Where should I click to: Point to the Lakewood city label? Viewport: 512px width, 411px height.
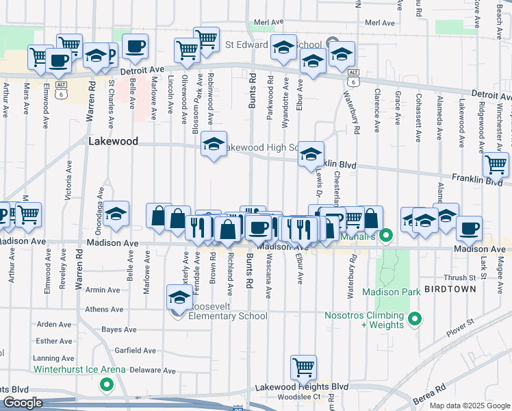114,141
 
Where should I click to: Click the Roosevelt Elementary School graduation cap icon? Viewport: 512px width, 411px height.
179,297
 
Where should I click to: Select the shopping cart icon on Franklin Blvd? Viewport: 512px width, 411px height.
496,164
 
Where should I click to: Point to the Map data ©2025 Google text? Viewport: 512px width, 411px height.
470,406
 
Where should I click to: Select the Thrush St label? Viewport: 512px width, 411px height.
459,277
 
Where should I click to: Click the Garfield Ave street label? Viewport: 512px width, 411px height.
136,350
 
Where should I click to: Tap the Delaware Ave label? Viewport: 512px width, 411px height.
153,370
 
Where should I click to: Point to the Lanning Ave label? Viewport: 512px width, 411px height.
53,358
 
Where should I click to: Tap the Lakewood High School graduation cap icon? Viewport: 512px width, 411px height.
214,145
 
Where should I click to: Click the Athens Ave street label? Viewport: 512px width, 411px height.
104,310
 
